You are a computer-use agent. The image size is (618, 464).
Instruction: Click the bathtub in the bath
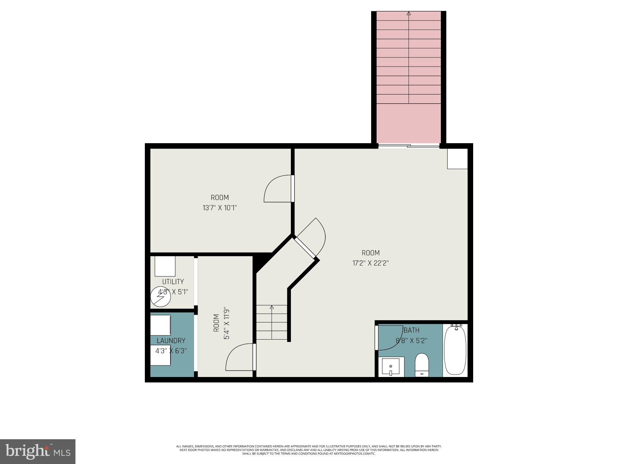point(455,350)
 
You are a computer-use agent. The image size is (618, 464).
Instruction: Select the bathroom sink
point(391,366)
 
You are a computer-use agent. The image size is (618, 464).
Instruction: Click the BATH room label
point(412,330)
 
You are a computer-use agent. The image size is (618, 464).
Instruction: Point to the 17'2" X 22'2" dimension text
point(371,263)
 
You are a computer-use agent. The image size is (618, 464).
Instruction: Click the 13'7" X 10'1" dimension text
point(220,208)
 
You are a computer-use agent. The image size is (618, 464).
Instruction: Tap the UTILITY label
point(173,282)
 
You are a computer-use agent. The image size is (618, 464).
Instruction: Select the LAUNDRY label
point(171,341)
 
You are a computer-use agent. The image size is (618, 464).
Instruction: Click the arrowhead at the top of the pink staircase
point(409,13)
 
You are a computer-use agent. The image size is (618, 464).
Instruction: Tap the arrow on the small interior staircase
point(272,308)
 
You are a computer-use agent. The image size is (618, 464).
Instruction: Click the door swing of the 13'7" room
point(276,190)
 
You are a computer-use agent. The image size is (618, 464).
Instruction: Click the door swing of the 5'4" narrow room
point(238,358)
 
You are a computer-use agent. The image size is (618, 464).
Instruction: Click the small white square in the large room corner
point(457,159)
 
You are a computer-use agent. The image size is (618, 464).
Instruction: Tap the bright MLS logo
point(38,452)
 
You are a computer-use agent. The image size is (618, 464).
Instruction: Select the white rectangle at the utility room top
point(165,266)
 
